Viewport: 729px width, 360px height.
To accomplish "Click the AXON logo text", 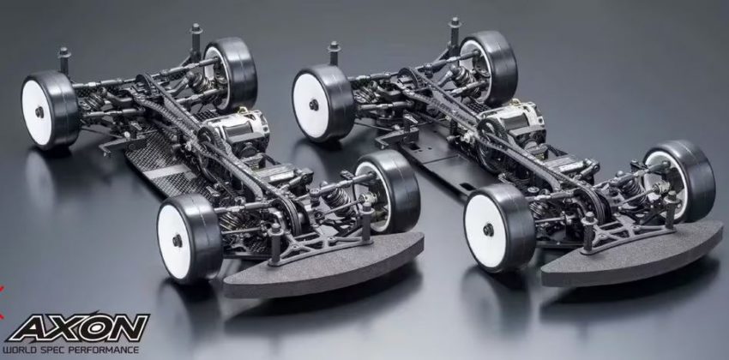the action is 78,327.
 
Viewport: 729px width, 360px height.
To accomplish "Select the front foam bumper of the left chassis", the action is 323,266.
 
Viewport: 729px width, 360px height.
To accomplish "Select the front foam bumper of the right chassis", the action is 632,254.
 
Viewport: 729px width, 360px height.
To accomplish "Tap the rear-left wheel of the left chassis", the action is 51,109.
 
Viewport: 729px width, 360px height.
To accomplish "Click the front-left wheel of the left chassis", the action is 190,239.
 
